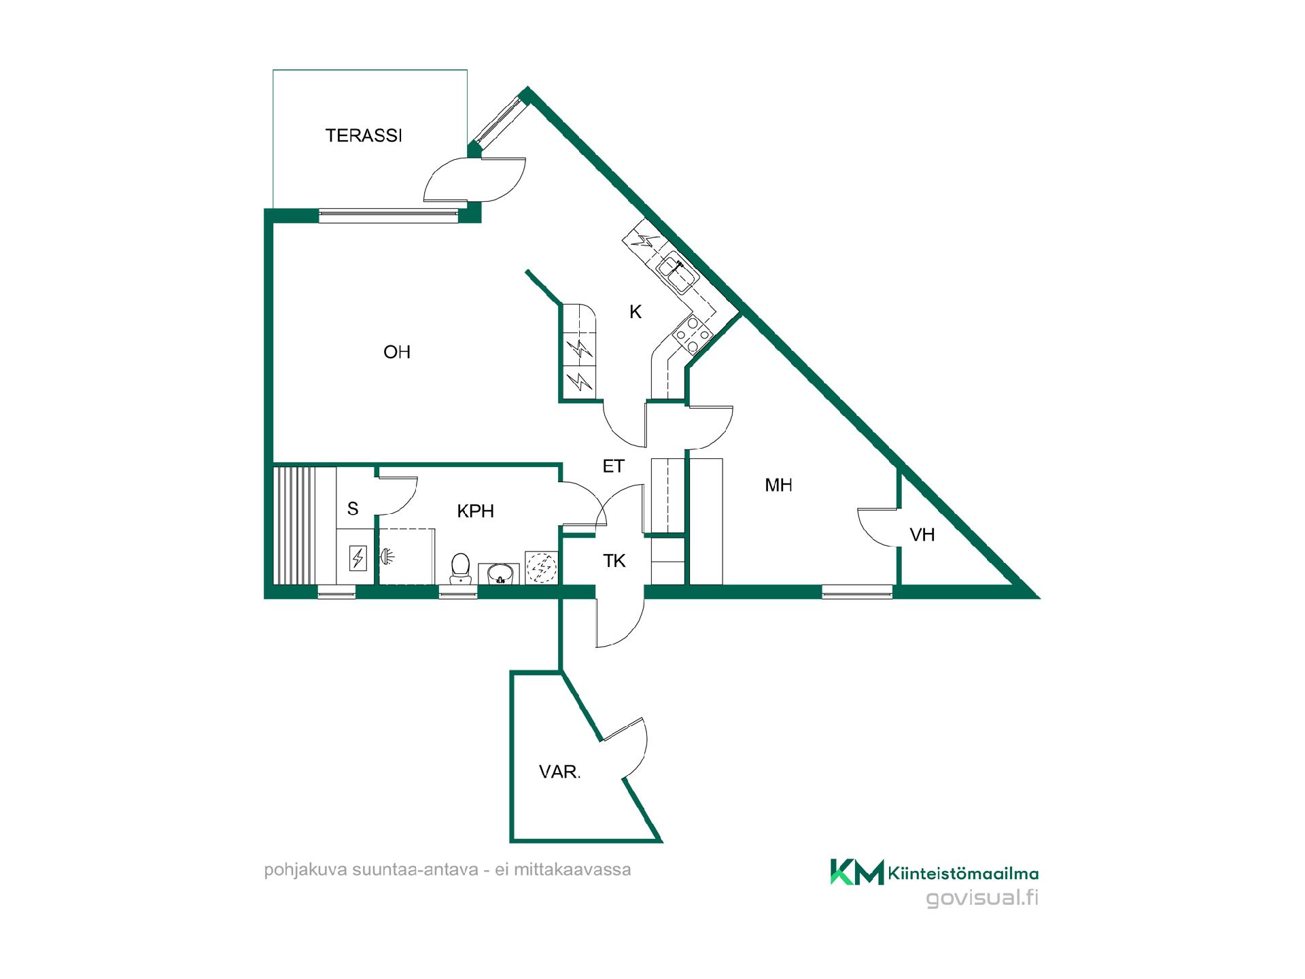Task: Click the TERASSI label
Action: pos(364,136)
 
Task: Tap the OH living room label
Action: pos(397,352)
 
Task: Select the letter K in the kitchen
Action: pos(636,312)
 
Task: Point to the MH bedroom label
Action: pos(778,485)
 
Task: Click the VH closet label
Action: pos(922,535)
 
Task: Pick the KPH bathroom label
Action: pos(475,511)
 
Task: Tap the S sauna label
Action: pos(353,509)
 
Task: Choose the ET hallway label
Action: pos(613,466)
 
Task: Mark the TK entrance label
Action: pos(614,561)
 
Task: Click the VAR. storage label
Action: pos(559,772)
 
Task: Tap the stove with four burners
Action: pos(693,335)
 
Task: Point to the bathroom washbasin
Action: pos(499,573)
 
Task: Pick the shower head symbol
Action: pos(386,557)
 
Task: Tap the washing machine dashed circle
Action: pos(542,567)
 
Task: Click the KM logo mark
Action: pos(857,872)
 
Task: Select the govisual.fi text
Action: pos(982,898)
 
